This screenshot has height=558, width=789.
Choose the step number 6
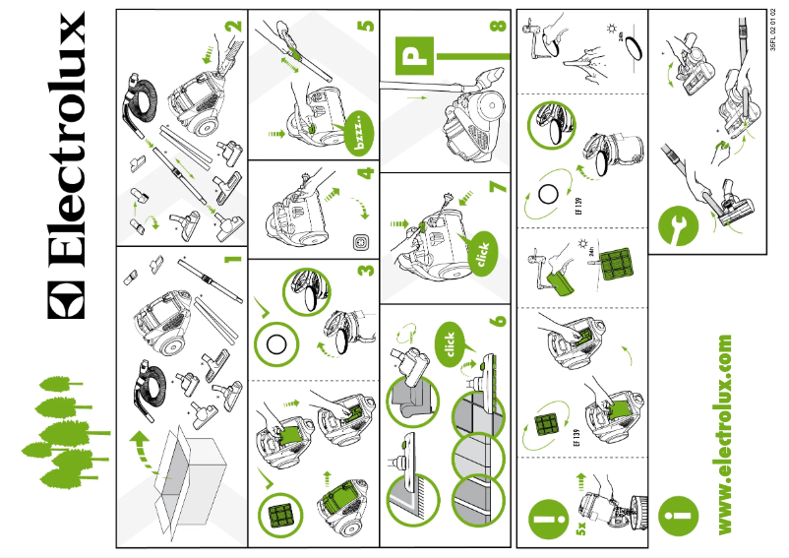click(500, 320)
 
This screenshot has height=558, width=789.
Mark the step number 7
click(500, 187)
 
